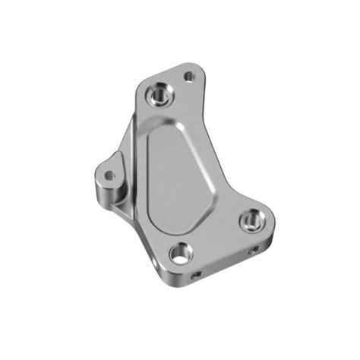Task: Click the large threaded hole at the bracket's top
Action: tap(160, 93)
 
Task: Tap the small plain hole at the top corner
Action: tap(190, 76)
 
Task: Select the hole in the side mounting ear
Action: tap(109, 175)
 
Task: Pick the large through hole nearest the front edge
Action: tap(181, 253)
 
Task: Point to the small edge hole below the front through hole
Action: tap(196, 274)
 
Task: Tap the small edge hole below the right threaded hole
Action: tap(254, 248)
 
